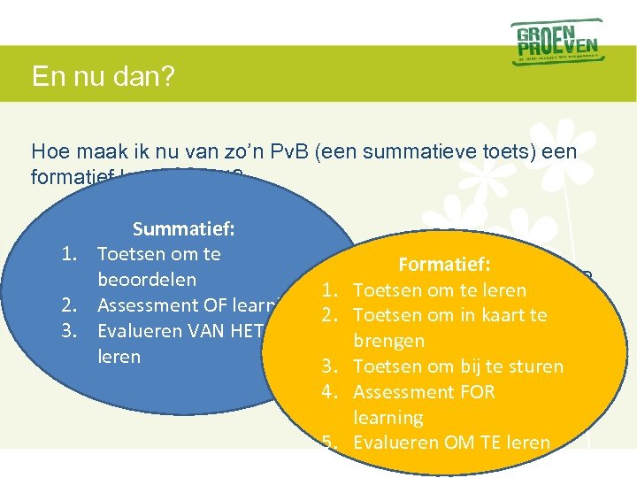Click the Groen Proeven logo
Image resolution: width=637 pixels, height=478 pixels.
coord(556,42)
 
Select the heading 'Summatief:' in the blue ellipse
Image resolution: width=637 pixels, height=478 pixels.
coord(183,229)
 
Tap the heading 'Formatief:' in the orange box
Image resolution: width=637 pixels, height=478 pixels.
coord(445,265)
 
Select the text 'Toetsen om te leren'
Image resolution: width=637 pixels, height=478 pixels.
coord(439,290)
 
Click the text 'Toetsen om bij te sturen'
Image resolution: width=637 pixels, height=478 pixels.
coord(457,366)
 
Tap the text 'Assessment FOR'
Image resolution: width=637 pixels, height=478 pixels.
coord(424,391)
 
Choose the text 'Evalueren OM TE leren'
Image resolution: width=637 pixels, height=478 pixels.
coord(451,443)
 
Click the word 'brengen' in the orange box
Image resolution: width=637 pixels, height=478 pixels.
coord(388,341)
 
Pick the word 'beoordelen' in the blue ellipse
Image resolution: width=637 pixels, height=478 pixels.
coord(146,280)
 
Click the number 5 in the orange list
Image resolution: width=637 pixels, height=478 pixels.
coord(329,443)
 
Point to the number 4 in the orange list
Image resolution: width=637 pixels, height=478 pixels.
coord(329,391)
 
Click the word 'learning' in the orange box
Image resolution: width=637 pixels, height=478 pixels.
coord(388,417)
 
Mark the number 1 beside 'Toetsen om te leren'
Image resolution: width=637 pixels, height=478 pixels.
coord(329,290)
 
